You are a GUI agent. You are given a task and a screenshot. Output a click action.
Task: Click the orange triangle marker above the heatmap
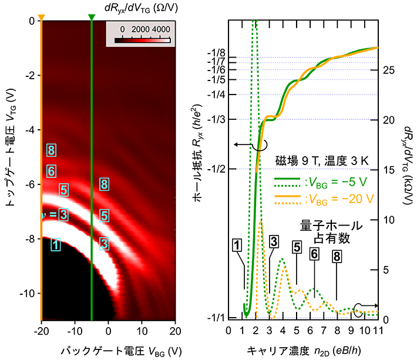tap(41, 17)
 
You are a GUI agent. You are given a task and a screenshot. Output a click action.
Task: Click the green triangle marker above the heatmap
tap(91, 17)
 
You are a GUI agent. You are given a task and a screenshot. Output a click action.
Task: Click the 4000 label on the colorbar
tap(160, 29)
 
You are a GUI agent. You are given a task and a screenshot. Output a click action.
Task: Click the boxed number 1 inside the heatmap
tap(55, 244)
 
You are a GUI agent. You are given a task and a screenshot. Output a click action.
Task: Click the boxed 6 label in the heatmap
tap(51, 171)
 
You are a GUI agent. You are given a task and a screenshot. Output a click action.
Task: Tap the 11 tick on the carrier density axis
tap(377, 330)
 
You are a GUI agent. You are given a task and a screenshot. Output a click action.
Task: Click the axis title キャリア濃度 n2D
tap(302, 347)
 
